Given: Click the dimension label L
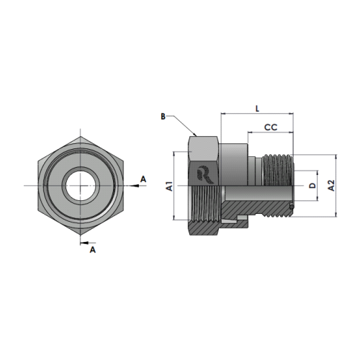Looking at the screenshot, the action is [257, 109].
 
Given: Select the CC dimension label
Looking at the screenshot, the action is [271, 127].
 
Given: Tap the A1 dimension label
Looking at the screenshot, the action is [170, 186].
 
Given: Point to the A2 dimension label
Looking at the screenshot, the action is [331, 185].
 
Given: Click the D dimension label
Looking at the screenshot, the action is [312, 186].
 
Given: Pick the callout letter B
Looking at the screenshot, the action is [163, 117].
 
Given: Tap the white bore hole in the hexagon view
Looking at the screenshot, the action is [80, 186].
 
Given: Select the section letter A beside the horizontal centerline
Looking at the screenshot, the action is [143, 179].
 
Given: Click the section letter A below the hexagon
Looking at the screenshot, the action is [93, 250].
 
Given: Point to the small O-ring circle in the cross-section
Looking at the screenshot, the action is [292, 207].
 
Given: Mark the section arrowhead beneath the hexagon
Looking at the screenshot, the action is [83, 243].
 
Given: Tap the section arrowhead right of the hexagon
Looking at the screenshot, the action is [135, 186].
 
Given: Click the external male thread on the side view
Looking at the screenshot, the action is [278, 170].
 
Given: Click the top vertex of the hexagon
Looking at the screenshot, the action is [81, 136].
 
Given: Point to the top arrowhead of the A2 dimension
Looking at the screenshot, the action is [336, 157].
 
